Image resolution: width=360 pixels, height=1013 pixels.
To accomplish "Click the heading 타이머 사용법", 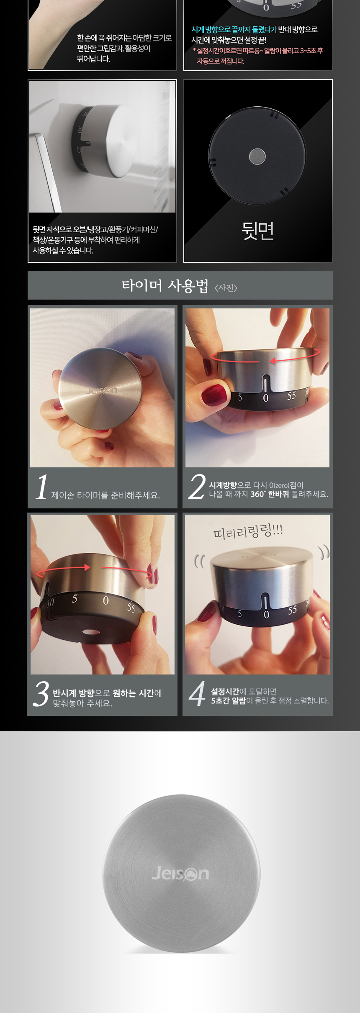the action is coord(165,286).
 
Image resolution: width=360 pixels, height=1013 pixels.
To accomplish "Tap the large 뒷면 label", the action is coord(258,231).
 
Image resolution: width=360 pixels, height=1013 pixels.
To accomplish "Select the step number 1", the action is coord(41,487).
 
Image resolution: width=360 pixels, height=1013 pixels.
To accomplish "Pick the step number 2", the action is coord(197,487).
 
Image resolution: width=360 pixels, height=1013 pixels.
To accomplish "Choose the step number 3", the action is coord(41,694).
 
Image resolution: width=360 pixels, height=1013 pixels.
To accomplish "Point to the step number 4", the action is coord(197,693).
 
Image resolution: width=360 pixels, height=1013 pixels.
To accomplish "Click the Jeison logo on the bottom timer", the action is coord(180,873).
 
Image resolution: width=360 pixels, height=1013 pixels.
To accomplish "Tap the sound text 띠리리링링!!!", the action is coord(248,532).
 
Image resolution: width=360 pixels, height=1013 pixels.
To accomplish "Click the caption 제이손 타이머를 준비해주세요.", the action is coord(105,495).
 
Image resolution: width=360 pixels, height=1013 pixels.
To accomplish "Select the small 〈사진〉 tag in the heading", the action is coord(226,288).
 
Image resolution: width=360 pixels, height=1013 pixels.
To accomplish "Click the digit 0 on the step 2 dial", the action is coord(265,398).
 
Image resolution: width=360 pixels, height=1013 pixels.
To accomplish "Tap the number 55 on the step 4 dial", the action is coord(292,610).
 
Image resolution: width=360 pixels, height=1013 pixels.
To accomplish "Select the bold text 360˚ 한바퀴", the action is coord(270,494).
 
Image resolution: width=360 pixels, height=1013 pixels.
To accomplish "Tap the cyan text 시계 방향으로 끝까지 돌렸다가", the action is coord(234,30).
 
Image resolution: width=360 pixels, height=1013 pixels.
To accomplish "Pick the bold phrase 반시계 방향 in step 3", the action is coord(73,693).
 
